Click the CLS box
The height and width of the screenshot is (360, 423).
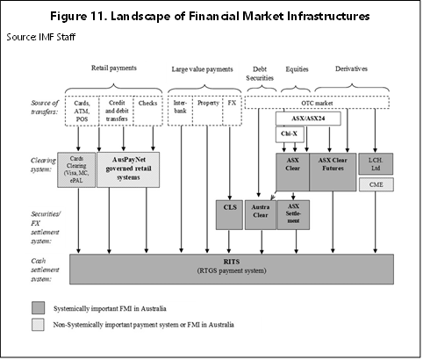pyautogui.click(x=229, y=215)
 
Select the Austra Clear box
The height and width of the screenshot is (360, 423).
pyautogui.click(x=261, y=215)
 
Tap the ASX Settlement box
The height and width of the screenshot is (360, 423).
pyautogui.click(x=293, y=215)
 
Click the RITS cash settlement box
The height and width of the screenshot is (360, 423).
pyautogui.click(x=232, y=269)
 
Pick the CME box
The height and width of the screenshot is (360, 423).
pyautogui.click(x=376, y=184)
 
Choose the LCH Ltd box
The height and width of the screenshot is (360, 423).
pyautogui.click(x=376, y=164)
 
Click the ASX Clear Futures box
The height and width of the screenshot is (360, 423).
pyautogui.click(x=333, y=172)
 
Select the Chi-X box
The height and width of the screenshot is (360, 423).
pyautogui.click(x=290, y=134)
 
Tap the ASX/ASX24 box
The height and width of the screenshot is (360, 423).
pyautogui.click(x=308, y=119)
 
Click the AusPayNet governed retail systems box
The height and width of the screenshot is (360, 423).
pyautogui.click(x=128, y=169)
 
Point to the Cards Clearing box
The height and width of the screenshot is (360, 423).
pyautogui.click(x=76, y=169)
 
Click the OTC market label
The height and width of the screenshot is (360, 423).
pyautogui.click(x=317, y=103)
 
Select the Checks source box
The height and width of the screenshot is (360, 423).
pyautogui.click(x=147, y=111)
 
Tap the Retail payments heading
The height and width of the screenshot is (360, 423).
pyautogui.click(x=114, y=68)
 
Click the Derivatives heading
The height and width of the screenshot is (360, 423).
pyautogui.click(x=351, y=68)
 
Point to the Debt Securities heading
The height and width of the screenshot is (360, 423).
pyautogui.click(x=260, y=74)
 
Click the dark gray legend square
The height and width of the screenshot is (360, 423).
pyautogui.click(x=38, y=308)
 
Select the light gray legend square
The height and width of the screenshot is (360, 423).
pyautogui.click(x=38, y=325)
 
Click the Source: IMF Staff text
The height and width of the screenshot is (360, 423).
pyautogui.click(x=41, y=37)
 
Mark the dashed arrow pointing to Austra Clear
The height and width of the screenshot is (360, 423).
pyautogui.click(x=274, y=196)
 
